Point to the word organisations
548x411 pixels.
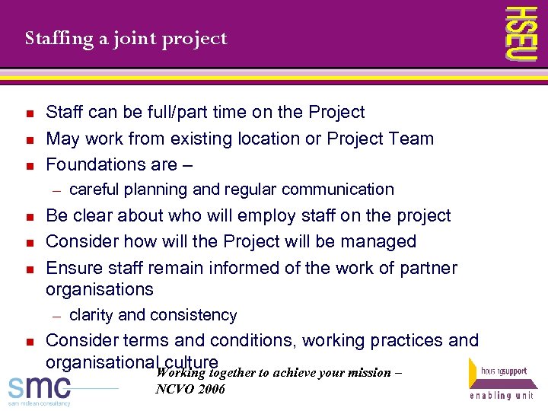[100, 290]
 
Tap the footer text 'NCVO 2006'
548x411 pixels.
[190, 389]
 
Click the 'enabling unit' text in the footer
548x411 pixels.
[502, 397]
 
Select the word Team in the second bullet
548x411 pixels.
[412, 139]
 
